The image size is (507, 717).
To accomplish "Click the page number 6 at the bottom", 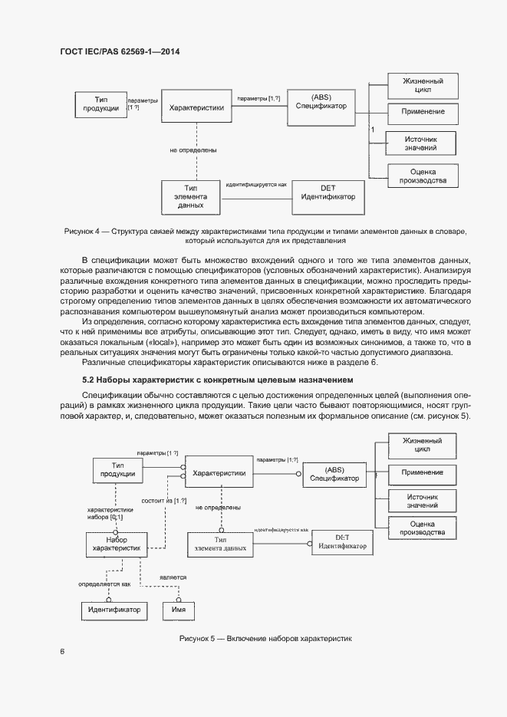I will point(62,652).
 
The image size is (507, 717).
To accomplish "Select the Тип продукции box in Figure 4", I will point(100,104).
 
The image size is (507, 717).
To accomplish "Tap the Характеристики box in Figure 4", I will point(196,108).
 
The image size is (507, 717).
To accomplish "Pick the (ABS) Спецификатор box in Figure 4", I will point(321,101).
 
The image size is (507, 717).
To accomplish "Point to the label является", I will point(172,576).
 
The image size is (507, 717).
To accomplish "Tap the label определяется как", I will point(104,584).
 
